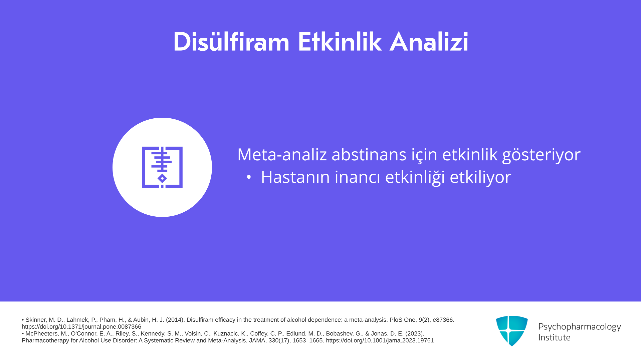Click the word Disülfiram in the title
tap(231, 42)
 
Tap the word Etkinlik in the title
tap(340, 42)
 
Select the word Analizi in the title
tap(429, 42)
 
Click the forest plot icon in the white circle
tap(162, 167)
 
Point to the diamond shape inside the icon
tap(162, 178)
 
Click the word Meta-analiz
tap(282, 155)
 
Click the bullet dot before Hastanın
tap(249, 177)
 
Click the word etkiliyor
tap(480, 177)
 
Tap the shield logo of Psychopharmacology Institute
tap(512, 331)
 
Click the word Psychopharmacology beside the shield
tap(580, 327)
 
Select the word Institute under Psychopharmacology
tap(554, 337)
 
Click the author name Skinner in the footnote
tap(35, 320)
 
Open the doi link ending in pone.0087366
tap(81, 327)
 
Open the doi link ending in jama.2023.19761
tap(380, 341)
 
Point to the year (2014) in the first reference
tap(175, 320)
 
